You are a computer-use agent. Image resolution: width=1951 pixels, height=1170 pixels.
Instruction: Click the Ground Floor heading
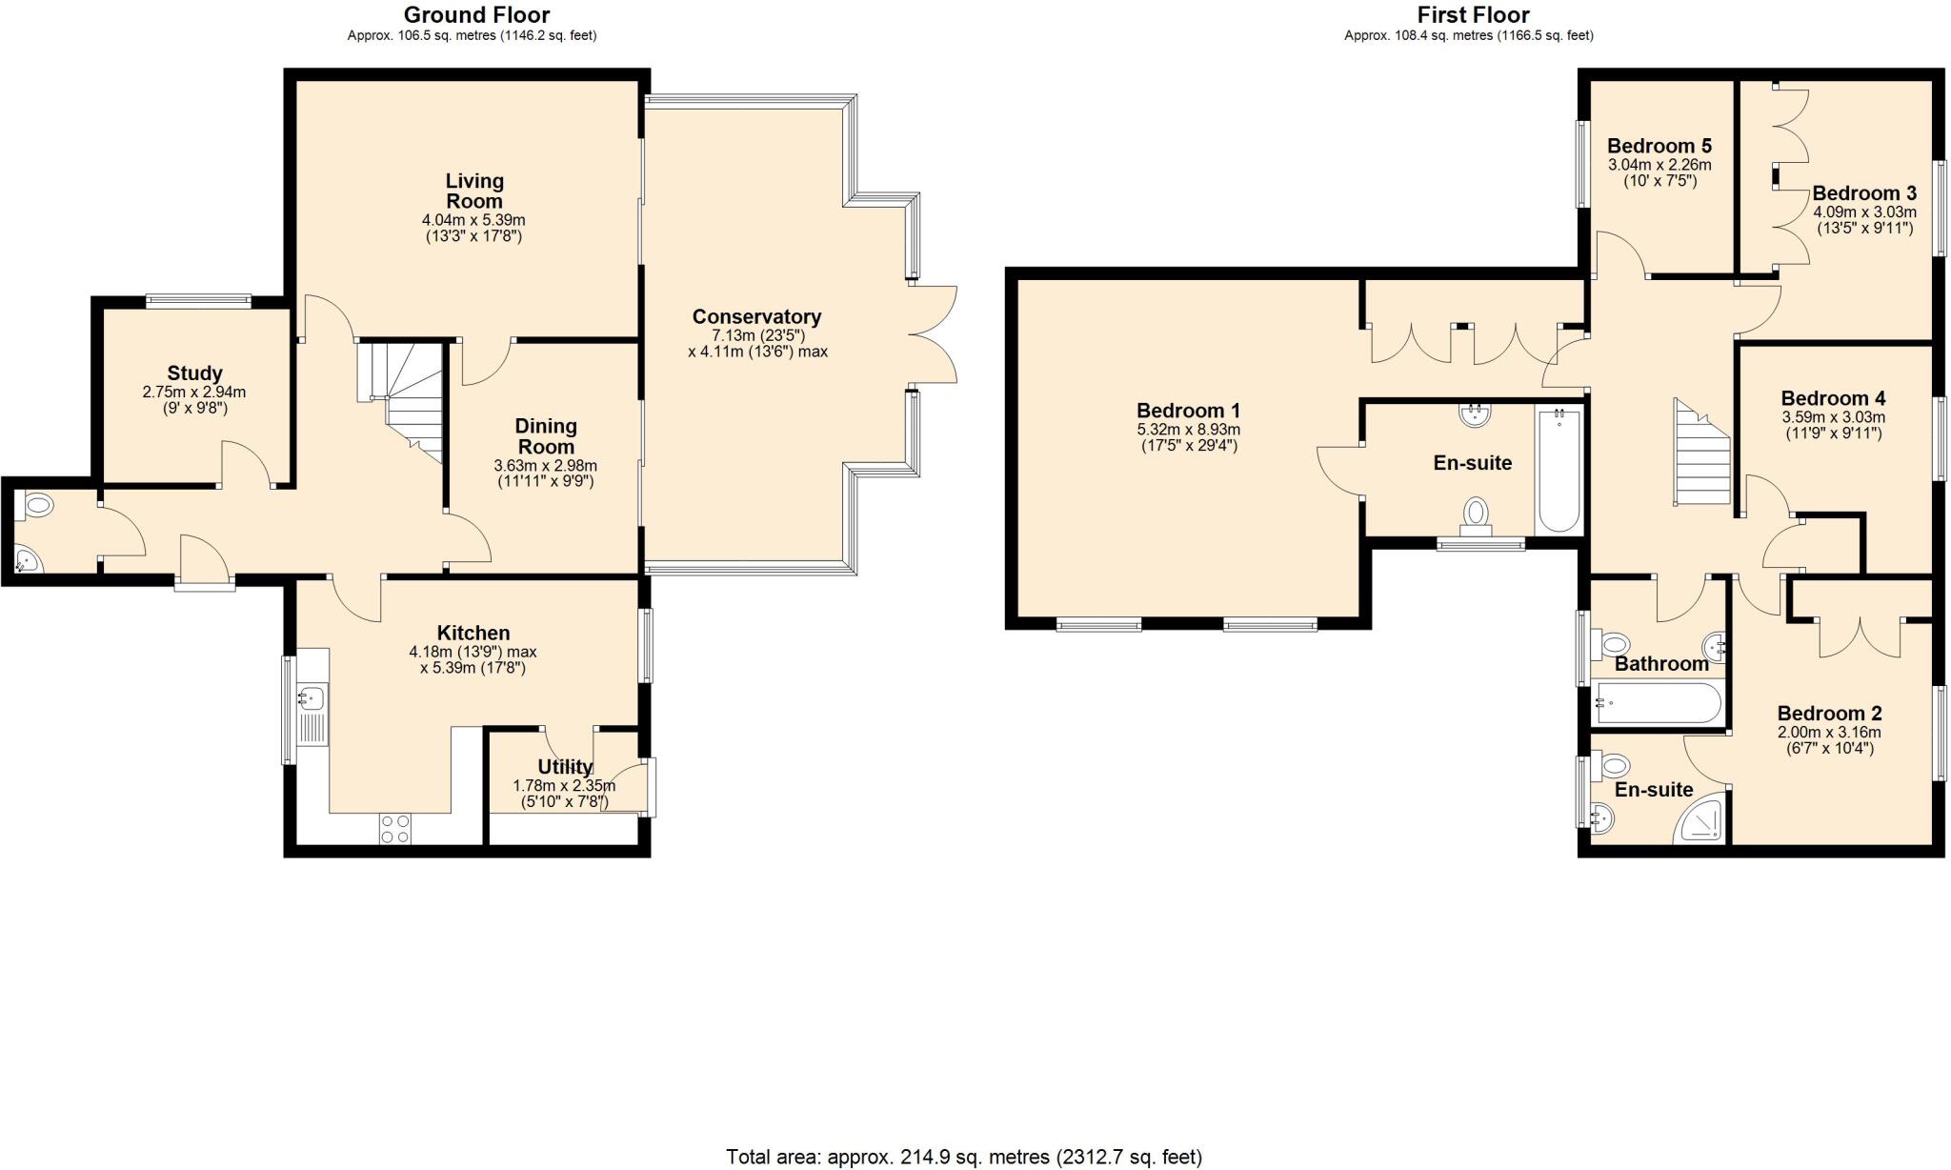point(476,14)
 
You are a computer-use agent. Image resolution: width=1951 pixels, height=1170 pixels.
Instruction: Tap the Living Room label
point(474,191)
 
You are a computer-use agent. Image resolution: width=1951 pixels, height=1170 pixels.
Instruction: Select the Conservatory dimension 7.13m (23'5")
point(757,335)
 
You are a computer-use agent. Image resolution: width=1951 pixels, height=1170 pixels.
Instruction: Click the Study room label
point(194,373)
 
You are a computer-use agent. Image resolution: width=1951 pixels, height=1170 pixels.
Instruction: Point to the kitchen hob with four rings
point(395,828)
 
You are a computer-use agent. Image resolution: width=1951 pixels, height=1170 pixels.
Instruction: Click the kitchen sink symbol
point(312,699)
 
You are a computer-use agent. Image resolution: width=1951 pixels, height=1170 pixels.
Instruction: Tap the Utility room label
point(565,767)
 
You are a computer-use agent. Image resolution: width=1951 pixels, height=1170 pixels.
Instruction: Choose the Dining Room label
point(546,436)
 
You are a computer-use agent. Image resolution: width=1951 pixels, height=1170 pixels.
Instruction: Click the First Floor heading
point(1473,14)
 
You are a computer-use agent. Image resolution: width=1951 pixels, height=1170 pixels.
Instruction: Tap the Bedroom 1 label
point(1188,411)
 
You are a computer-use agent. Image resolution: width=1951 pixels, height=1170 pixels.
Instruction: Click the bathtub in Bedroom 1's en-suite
point(1559,469)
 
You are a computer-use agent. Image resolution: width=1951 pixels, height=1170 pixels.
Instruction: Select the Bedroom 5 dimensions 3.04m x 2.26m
point(1659,164)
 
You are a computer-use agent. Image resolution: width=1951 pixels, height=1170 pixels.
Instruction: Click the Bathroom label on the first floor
point(1661,664)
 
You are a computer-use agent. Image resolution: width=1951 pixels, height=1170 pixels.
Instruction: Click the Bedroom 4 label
point(1833,398)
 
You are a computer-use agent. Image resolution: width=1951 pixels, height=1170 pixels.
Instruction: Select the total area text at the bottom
point(963,1157)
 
